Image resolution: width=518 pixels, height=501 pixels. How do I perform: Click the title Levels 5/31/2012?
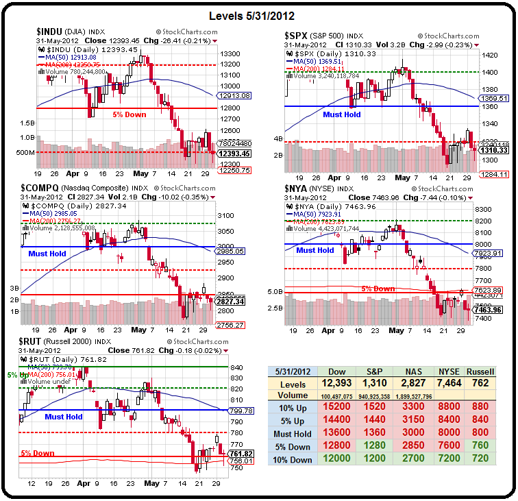click(258, 15)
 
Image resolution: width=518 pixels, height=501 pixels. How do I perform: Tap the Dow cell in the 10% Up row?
click(337, 407)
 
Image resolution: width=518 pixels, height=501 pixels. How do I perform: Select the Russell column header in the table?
click(480, 371)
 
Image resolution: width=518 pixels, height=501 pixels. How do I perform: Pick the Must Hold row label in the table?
click(293, 433)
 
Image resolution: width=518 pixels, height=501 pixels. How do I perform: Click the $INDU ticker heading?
click(51, 31)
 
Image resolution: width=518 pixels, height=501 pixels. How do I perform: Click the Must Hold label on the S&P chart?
click(342, 115)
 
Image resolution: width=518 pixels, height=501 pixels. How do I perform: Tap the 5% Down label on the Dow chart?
click(129, 114)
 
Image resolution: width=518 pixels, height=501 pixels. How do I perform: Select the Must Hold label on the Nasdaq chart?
click(47, 254)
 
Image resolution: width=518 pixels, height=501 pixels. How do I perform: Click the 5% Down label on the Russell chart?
click(38, 453)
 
